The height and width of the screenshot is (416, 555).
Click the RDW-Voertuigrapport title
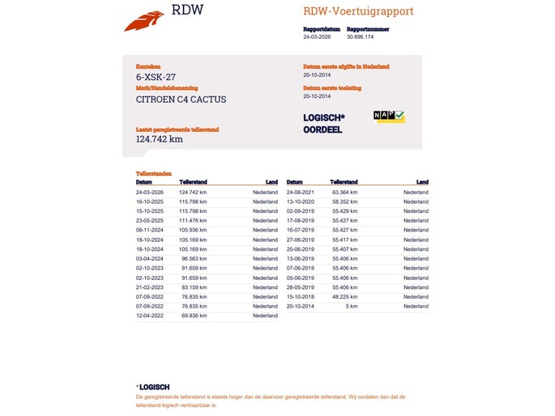(x=358, y=11)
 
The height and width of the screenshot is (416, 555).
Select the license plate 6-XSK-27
(x=156, y=76)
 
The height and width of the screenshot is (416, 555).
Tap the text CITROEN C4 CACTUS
(x=181, y=100)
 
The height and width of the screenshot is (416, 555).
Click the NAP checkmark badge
(x=389, y=117)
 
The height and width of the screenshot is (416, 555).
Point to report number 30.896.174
(x=360, y=36)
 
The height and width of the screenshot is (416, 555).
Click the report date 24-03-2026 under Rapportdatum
(x=317, y=36)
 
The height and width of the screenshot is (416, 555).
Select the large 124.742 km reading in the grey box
(x=159, y=138)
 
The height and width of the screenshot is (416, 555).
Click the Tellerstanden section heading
(x=153, y=174)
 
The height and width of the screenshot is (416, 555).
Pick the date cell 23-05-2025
(x=150, y=220)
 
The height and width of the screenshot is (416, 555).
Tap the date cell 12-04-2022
(x=150, y=316)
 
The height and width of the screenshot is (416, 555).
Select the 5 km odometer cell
(x=352, y=307)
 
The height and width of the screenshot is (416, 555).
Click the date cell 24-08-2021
(x=301, y=192)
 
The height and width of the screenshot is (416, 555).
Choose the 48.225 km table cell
(x=344, y=297)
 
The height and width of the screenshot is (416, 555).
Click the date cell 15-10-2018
(x=301, y=297)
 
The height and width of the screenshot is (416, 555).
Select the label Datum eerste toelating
(x=332, y=87)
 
